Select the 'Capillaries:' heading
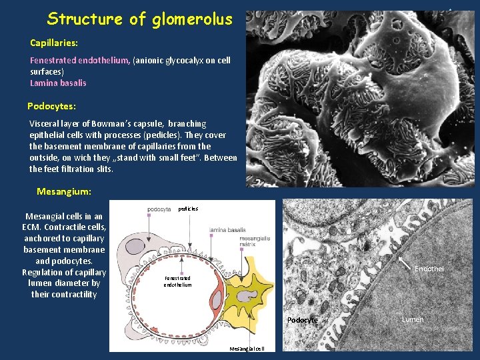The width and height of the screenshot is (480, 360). (54, 43)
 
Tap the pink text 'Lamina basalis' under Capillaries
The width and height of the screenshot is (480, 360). (58, 83)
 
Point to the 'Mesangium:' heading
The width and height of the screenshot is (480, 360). (64, 191)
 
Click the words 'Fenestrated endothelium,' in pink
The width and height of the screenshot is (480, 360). (80, 61)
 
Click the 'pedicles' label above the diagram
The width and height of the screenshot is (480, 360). (188, 209)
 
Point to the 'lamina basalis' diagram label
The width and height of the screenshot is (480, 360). (227, 230)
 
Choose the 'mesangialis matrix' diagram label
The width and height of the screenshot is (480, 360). (255, 241)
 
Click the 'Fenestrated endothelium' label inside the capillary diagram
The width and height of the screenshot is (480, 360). (177, 281)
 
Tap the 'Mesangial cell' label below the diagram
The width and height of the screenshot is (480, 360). (247, 349)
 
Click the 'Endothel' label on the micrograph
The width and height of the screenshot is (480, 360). (429, 269)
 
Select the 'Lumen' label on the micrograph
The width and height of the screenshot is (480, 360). (413, 320)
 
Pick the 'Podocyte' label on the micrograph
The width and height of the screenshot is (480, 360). (302, 321)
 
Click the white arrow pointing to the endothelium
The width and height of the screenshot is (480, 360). (405, 263)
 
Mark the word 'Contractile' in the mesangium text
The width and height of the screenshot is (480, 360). (68, 227)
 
